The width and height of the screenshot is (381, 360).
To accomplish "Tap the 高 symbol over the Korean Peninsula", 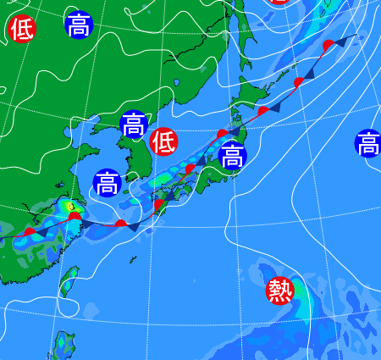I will (x=133, y=125).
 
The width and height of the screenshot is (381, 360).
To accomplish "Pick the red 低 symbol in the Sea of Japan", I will (x=163, y=141).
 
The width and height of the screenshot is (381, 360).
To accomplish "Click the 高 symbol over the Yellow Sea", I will (x=107, y=182).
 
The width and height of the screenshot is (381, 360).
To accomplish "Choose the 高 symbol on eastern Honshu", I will (x=232, y=156).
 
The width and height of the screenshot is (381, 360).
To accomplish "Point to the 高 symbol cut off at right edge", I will (x=369, y=143).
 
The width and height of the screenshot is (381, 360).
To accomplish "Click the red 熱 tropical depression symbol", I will (x=279, y=291).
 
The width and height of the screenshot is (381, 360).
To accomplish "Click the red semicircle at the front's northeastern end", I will (x=328, y=45).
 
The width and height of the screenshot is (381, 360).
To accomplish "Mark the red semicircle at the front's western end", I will (x=30, y=231).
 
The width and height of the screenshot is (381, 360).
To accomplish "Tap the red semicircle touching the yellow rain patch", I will (x=75, y=217).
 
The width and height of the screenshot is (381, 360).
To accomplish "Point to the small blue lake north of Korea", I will (x=176, y=83).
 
